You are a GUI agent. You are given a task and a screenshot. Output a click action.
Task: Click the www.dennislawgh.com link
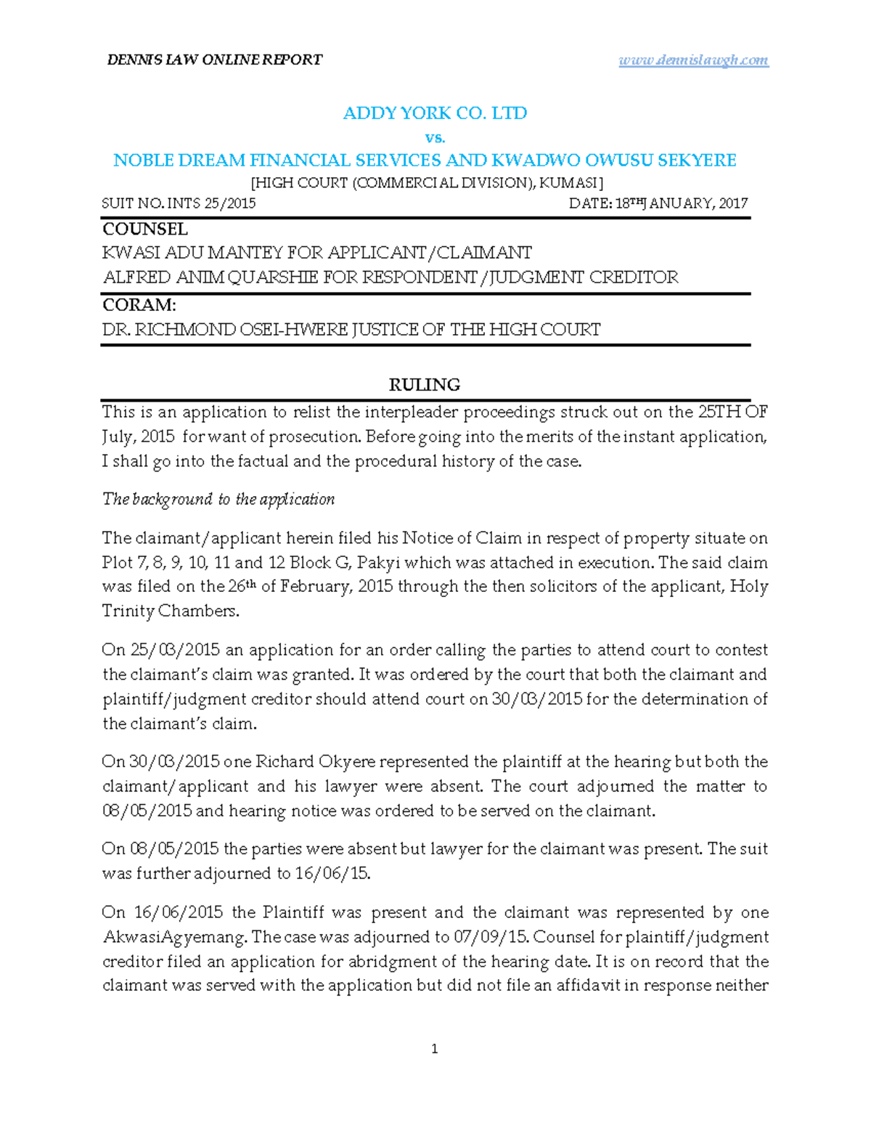(x=693, y=60)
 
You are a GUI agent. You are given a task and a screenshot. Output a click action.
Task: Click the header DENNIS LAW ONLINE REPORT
(x=215, y=60)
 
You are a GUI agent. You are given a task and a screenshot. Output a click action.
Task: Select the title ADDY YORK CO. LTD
(x=435, y=113)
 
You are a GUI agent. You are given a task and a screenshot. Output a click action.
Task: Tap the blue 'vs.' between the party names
(x=435, y=137)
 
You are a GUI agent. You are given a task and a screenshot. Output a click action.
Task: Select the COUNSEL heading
(x=145, y=230)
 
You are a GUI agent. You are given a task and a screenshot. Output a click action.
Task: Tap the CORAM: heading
(x=139, y=305)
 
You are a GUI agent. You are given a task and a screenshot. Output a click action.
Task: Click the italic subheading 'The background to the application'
(x=218, y=500)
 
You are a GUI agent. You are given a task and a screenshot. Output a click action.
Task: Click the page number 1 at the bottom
(x=434, y=1049)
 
